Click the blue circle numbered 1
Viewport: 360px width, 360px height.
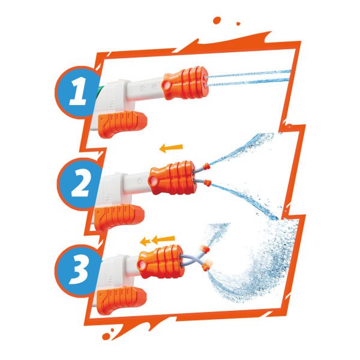(x=77, y=95)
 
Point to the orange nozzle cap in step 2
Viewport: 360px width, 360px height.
(x=173, y=178)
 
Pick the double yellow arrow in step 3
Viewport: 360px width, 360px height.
(x=157, y=241)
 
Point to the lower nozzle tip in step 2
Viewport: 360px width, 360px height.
(x=207, y=182)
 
